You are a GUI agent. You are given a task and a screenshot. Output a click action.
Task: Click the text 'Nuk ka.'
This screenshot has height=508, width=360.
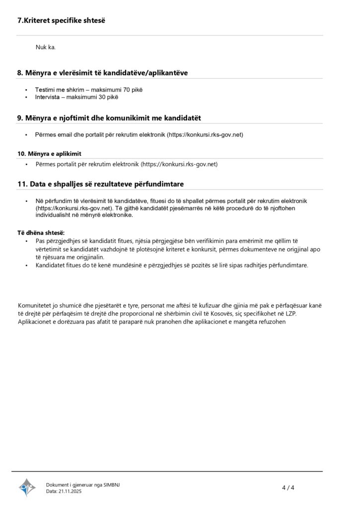[45, 48]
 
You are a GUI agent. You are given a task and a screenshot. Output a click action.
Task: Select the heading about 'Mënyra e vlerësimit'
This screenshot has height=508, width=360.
[102, 73]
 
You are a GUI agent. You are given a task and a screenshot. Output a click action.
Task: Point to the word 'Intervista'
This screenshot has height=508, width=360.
[48, 97]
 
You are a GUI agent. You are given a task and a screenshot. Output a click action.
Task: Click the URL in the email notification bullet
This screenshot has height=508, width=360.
[205, 134]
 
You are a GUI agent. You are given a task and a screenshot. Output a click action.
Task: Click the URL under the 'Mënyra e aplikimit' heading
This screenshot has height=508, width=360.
[179, 164]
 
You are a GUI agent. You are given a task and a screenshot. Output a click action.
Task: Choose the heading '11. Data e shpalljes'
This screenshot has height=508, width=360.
[100, 184]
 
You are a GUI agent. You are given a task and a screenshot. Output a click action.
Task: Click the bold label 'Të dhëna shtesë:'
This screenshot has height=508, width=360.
[41, 233]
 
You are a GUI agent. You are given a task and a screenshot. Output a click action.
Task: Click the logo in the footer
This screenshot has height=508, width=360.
[27, 488]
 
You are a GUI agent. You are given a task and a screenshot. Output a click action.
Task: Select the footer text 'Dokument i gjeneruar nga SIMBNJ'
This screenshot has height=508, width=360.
[82, 485]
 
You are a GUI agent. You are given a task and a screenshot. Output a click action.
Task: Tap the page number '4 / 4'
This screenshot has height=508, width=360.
[288, 488]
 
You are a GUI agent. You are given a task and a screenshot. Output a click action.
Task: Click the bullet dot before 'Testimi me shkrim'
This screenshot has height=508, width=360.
[26, 90]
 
